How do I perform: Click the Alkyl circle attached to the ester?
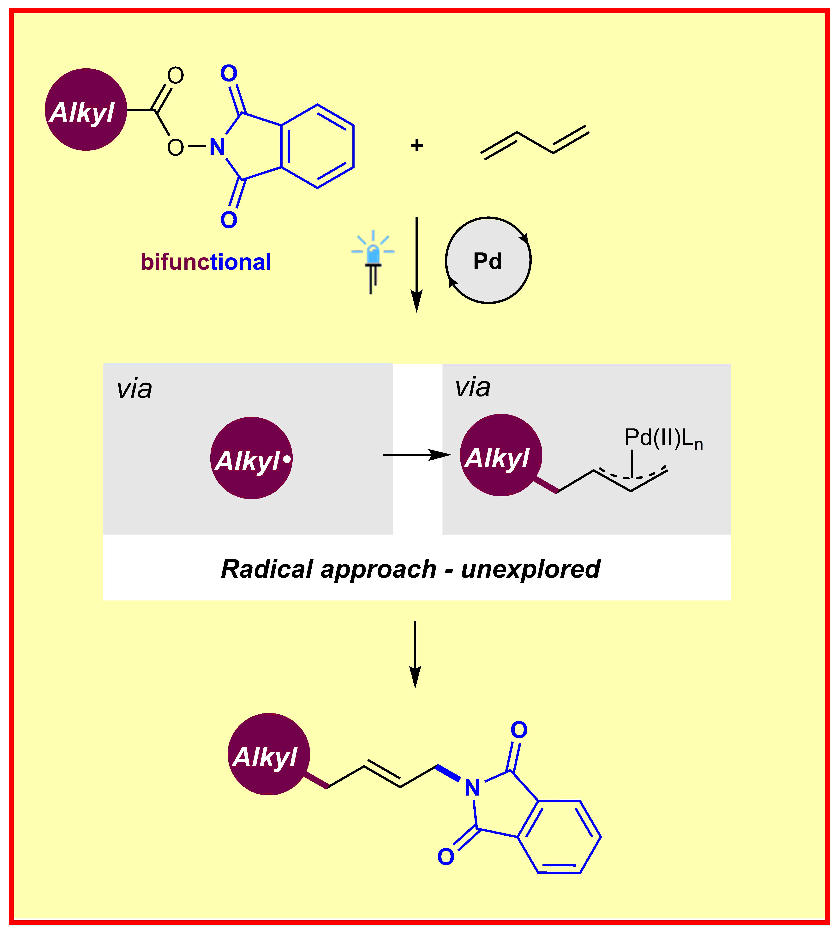click(x=86, y=110)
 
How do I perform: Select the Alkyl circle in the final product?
click(x=269, y=754)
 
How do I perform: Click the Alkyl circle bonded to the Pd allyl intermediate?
click(x=501, y=455)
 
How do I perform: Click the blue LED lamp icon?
click(x=373, y=260)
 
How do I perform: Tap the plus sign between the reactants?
click(x=417, y=146)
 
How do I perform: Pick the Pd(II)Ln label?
click(x=663, y=438)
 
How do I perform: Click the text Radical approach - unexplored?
click(x=411, y=569)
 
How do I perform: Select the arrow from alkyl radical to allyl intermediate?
click(x=417, y=455)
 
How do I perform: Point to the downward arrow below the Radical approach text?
click(x=415, y=654)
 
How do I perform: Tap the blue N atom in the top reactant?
click(x=217, y=147)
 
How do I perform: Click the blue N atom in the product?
click(x=472, y=788)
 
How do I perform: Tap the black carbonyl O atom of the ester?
click(x=175, y=76)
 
